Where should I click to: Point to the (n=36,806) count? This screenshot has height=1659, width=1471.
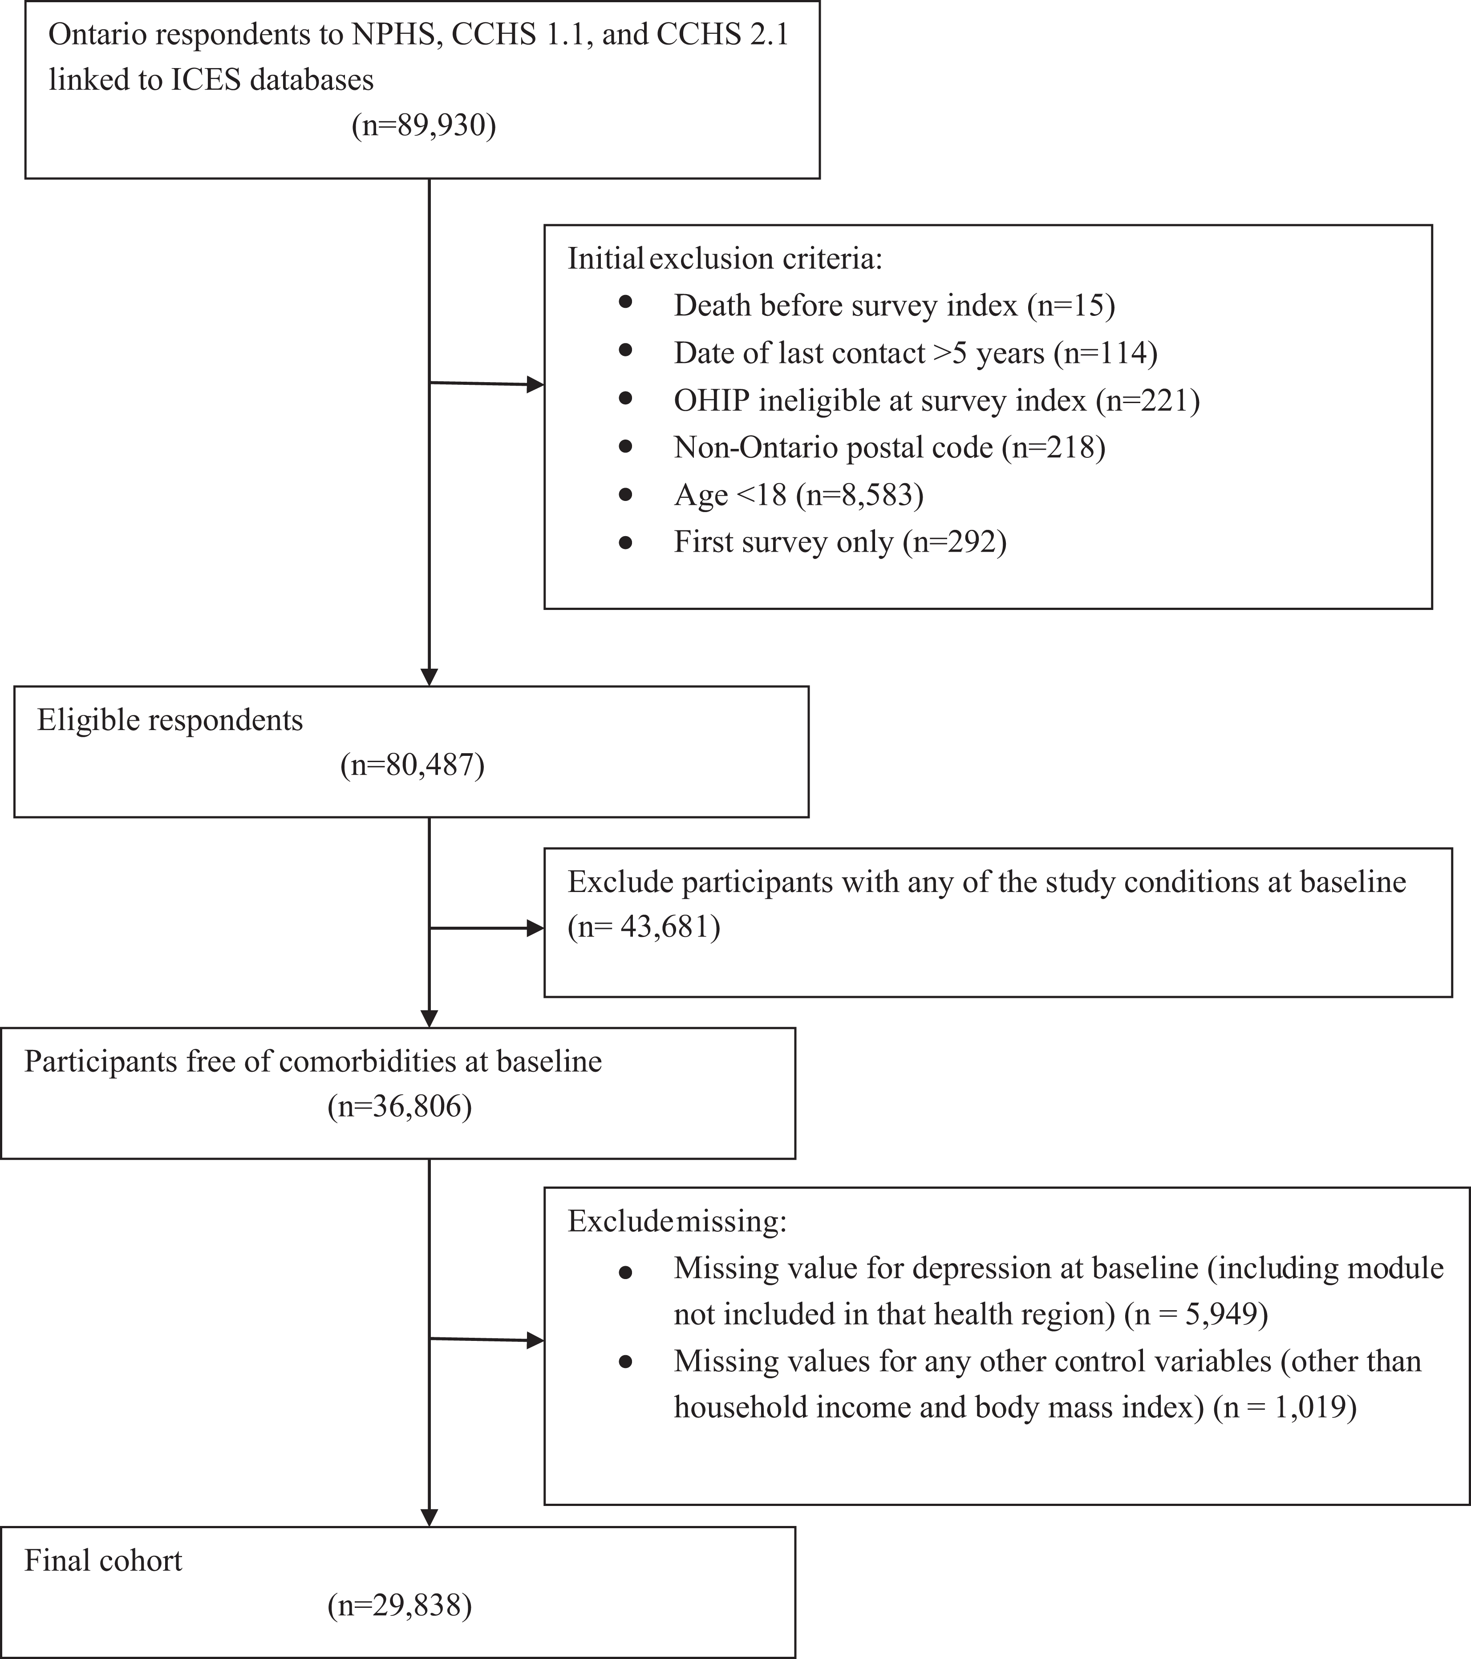point(399,1106)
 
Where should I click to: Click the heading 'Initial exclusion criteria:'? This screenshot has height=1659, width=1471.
point(724,259)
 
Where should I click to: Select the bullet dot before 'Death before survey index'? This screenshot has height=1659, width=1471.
point(625,302)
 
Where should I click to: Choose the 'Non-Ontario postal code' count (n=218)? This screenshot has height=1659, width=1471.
point(1053,447)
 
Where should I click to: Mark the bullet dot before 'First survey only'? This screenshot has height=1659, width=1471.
point(625,543)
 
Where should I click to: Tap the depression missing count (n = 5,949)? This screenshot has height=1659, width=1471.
point(1196,1314)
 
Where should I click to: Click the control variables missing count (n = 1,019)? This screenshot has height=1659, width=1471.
point(1284,1407)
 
